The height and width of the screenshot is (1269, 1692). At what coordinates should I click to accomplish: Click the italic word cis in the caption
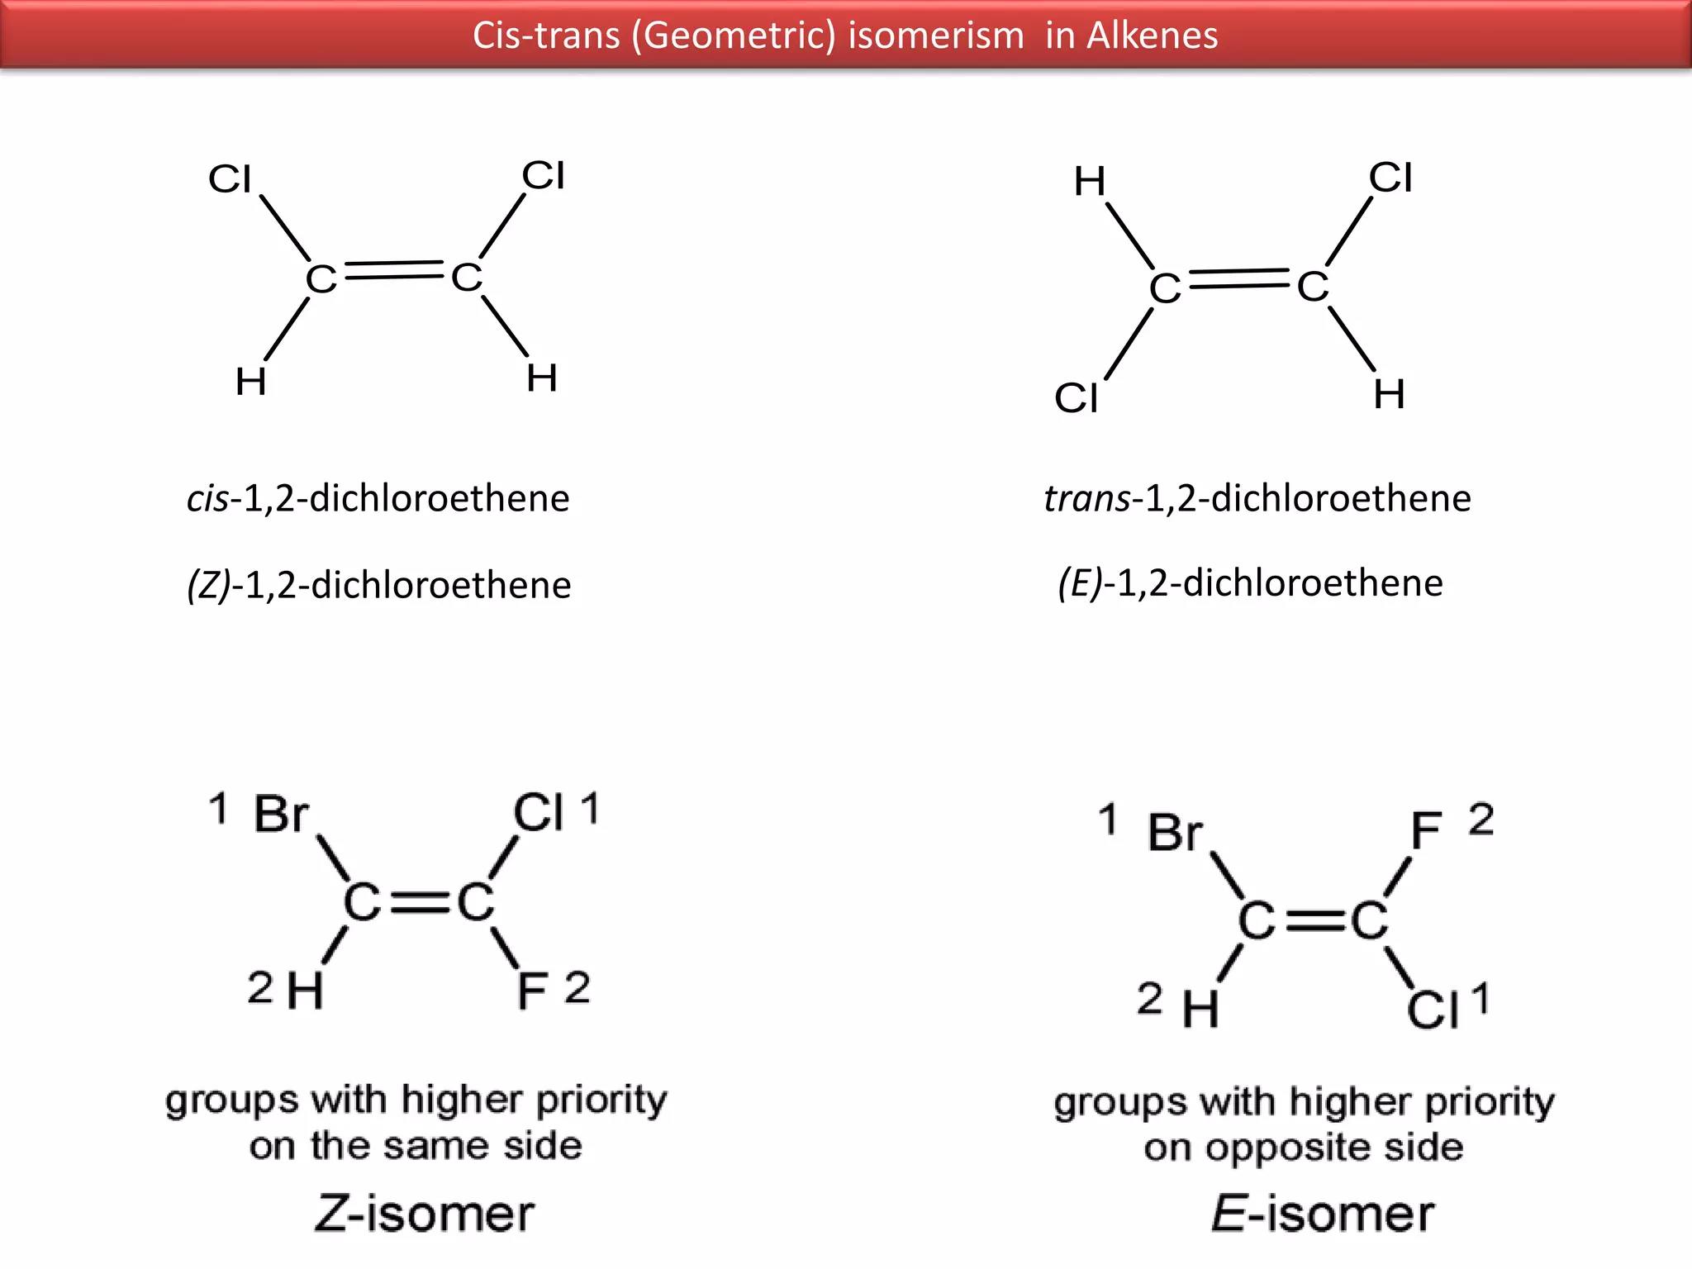coord(207,498)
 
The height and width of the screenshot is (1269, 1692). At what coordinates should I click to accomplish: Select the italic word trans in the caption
coord(1086,498)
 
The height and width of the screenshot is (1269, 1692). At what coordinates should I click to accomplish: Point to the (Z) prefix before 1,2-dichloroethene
coord(209,585)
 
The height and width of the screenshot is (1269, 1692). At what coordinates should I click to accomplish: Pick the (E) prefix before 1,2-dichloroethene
coord(1081,583)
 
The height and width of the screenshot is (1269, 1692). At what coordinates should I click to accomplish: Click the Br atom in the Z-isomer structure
coord(282,814)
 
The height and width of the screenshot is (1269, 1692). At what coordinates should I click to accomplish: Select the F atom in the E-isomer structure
coord(1426,830)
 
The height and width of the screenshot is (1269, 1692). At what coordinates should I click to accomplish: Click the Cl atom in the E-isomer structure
coord(1433,1010)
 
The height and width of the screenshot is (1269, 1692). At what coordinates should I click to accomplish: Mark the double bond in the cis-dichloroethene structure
coord(394,270)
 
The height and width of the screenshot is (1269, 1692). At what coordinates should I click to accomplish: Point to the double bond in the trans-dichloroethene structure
coord(1238,279)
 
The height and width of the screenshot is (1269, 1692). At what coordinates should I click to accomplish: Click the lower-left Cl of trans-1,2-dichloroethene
coord(1076,398)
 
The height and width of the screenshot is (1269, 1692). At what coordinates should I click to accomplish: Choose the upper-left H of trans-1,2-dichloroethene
coord(1090,181)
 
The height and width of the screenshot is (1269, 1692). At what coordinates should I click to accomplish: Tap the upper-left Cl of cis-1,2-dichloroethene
coord(230,178)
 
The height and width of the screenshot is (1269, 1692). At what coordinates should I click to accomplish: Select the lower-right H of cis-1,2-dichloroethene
coord(542,378)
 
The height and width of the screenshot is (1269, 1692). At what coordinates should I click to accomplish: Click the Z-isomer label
coord(425,1214)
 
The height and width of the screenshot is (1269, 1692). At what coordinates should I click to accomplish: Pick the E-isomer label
coord(1322,1214)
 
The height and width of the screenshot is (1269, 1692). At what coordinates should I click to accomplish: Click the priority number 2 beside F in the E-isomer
coord(1481,820)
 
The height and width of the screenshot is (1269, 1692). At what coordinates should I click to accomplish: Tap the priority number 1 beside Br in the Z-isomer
coord(218,808)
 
